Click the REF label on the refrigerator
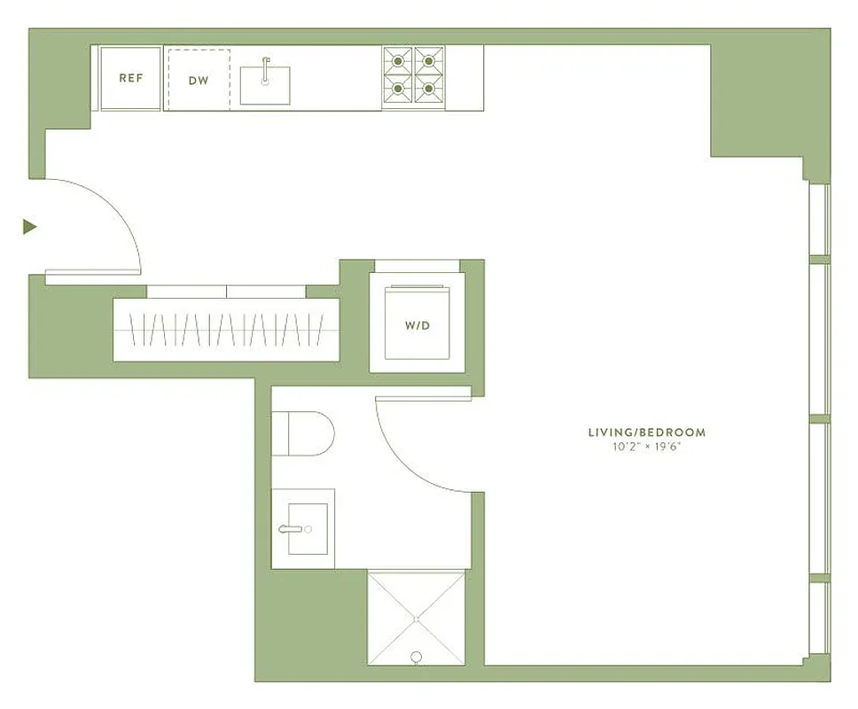(131, 78)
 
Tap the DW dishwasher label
(198, 80)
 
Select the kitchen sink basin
(266, 85)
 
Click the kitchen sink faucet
(265, 67)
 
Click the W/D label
(417, 325)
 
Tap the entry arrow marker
(29, 227)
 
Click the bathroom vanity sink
(302, 529)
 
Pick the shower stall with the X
(416, 617)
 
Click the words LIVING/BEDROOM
(647, 432)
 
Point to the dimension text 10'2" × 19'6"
(647, 447)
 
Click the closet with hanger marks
(226, 331)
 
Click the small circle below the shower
(416, 657)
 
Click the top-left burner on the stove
(399, 61)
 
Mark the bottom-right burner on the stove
(429, 89)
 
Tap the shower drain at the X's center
(416, 618)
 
